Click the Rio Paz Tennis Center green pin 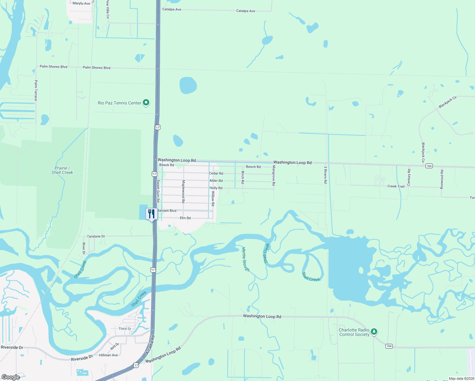click(x=146, y=103)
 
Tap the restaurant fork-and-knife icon click(x=151, y=214)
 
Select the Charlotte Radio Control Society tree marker click(x=374, y=332)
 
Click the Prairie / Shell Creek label click(x=62, y=170)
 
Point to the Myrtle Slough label click(x=246, y=259)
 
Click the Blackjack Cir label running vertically click(x=423, y=152)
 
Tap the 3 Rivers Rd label click(x=325, y=175)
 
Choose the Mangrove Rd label click(x=274, y=175)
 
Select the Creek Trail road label click(x=396, y=186)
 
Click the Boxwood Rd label click(x=442, y=179)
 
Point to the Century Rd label click(x=409, y=177)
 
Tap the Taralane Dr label click(x=96, y=237)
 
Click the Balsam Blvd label click(x=167, y=211)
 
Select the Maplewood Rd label click(x=183, y=191)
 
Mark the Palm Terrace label click(x=36, y=90)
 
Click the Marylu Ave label click(x=81, y=3)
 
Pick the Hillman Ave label click(x=108, y=355)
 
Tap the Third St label click(x=125, y=329)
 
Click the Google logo click(x=10, y=377)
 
